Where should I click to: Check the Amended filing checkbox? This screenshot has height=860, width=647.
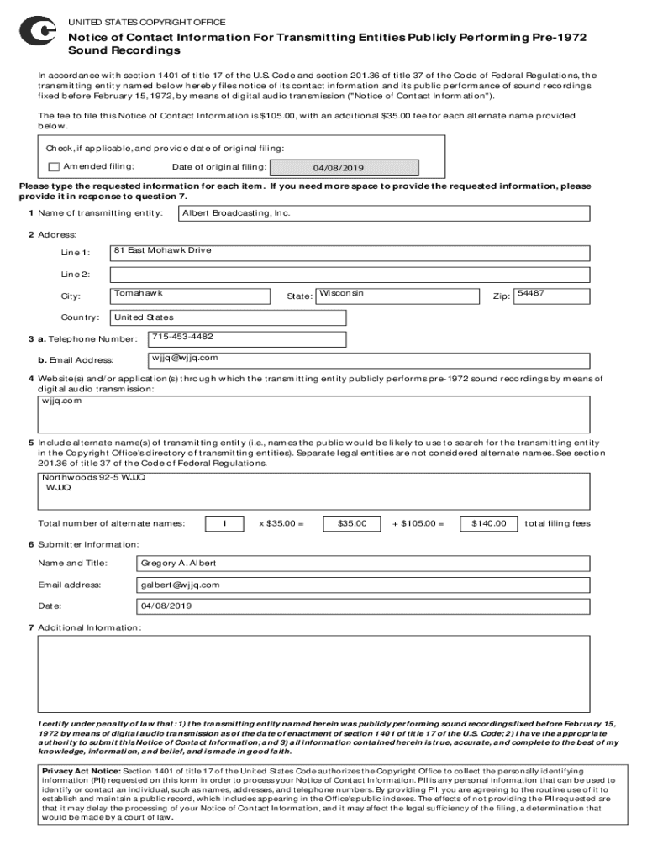pyautogui.click(x=55, y=167)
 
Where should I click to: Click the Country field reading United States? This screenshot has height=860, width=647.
pyautogui.click(x=228, y=317)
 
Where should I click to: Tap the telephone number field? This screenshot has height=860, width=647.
pyautogui.click(x=247, y=338)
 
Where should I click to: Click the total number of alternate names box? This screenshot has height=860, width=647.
pyautogui.click(x=224, y=524)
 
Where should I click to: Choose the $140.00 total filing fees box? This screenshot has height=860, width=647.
pyautogui.click(x=488, y=524)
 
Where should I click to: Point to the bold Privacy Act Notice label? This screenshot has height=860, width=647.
pyautogui.click(x=81, y=771)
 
